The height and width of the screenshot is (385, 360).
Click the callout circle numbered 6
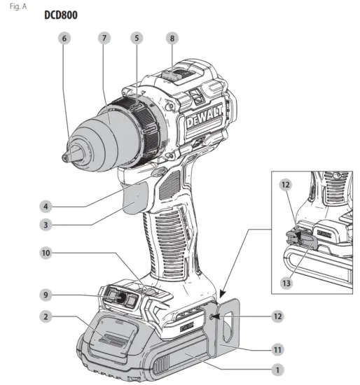65,39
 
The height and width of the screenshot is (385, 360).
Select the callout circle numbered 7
104,39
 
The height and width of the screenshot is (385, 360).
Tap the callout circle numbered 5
137,39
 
